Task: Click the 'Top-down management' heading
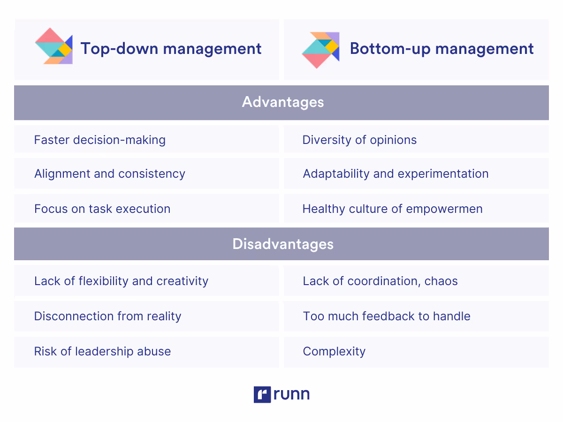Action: (171, 49)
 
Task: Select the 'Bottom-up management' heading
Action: (441, 49)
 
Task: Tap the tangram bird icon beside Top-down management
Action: (53, 46)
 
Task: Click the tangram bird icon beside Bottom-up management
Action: (320, 50)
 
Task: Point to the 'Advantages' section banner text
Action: (282, 102)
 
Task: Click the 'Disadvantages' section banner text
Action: (282, 244)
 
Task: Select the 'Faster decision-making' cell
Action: (99, 140)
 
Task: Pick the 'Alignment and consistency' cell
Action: (109, 173)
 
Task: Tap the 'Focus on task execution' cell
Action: (102, 209)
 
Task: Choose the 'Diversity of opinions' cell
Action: (359, 140)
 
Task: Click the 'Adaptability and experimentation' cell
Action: (396, 173)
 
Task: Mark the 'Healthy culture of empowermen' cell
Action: (392, 209)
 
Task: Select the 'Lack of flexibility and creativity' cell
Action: (121, 281)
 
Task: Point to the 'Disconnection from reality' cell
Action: (107, 316)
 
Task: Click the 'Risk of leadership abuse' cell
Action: (102, 351)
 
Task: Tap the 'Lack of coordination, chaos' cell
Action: (380, 281)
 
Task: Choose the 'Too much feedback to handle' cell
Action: (387, 316)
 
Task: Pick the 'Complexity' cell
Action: (334, 351)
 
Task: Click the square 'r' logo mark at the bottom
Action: (262, 394)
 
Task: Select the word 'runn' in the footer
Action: (292, 394)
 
